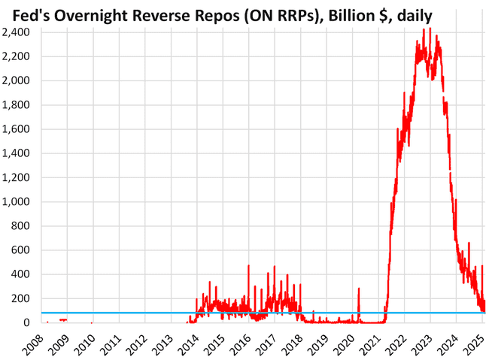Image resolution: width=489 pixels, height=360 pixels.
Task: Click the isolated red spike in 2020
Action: (x=359, y=289)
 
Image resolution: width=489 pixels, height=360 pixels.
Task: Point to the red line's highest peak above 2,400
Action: (x=428, y=30)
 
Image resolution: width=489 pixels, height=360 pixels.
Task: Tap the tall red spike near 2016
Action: (x=248, y=266)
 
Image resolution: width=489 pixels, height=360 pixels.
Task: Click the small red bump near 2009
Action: (x=63, y=319)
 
